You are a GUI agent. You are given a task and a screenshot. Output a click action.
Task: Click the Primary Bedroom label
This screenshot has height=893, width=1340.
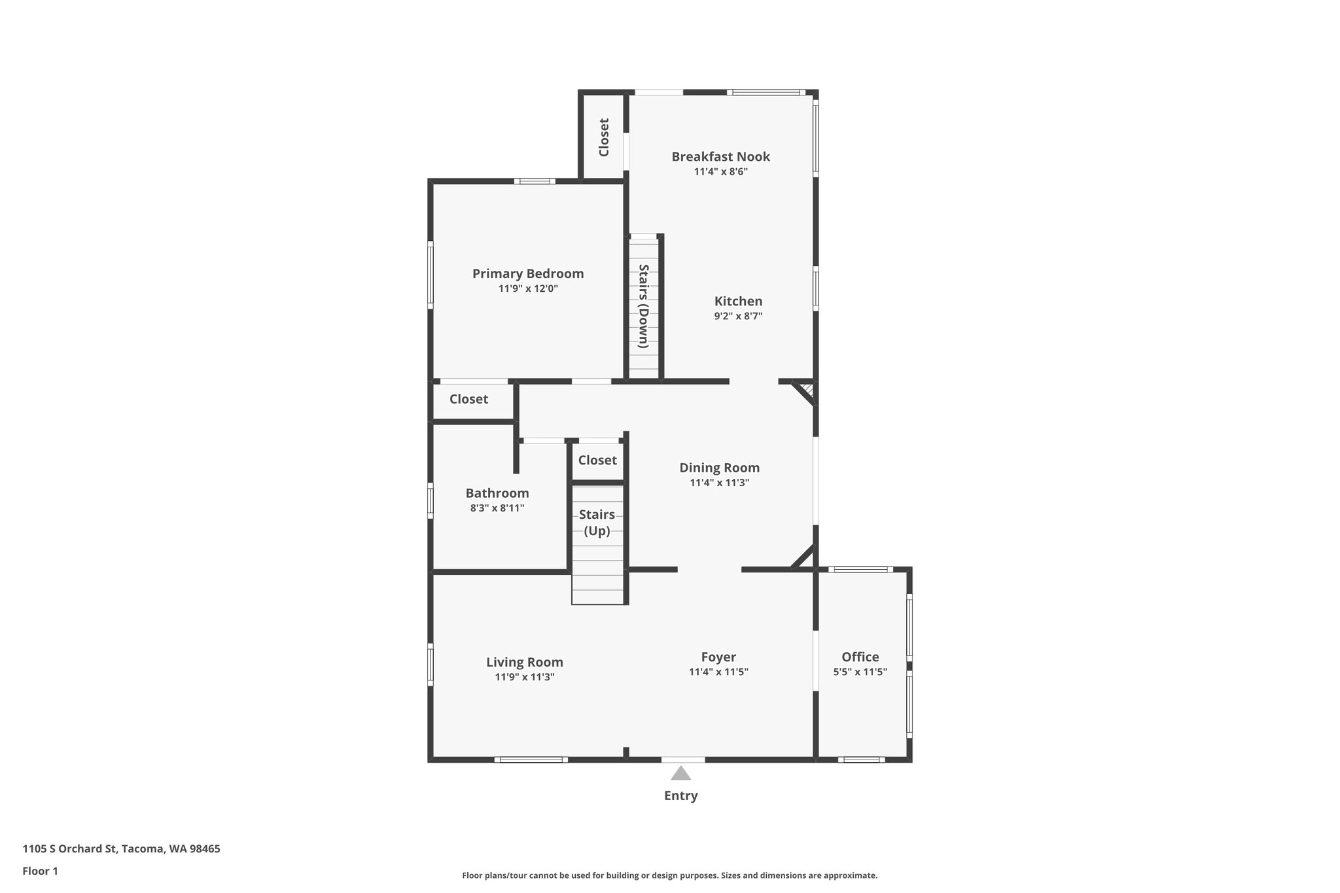528,273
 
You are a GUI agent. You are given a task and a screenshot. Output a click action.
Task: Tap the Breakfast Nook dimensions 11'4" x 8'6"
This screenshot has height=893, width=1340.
720,172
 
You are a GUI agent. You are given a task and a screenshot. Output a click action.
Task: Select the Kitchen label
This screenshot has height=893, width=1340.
738,301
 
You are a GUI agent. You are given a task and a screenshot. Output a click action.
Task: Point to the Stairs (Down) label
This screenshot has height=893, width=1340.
644,306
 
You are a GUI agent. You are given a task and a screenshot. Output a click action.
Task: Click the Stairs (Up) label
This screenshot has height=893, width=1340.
597,523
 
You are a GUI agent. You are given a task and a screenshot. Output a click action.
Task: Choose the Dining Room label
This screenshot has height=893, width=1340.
719,468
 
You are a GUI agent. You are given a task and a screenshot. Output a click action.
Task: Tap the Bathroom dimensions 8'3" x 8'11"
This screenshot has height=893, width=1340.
497,508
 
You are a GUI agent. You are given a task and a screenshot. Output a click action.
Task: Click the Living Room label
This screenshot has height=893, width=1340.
525,662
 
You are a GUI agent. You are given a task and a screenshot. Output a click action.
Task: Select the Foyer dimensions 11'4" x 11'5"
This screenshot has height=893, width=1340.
718,672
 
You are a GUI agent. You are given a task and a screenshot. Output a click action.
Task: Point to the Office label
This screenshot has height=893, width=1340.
860,657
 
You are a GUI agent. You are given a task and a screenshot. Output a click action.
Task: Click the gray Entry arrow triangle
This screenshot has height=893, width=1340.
681,775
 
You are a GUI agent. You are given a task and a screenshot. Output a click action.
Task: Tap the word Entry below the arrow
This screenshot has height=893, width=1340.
681,796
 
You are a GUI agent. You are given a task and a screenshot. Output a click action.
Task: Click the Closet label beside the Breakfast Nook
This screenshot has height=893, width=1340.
604,137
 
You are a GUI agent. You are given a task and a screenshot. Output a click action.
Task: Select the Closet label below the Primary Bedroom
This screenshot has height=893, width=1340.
468,399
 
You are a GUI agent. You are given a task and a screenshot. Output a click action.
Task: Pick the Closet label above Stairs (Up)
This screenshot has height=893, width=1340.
597,460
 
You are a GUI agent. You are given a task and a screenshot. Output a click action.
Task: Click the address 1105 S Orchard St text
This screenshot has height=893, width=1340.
121,849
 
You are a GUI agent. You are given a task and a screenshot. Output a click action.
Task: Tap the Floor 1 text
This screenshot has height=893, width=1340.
41,871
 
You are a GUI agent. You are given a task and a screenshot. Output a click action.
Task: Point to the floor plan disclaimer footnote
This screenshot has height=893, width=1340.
669,875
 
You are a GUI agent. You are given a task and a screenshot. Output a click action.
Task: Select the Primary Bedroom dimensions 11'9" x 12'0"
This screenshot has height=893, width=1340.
528,289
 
